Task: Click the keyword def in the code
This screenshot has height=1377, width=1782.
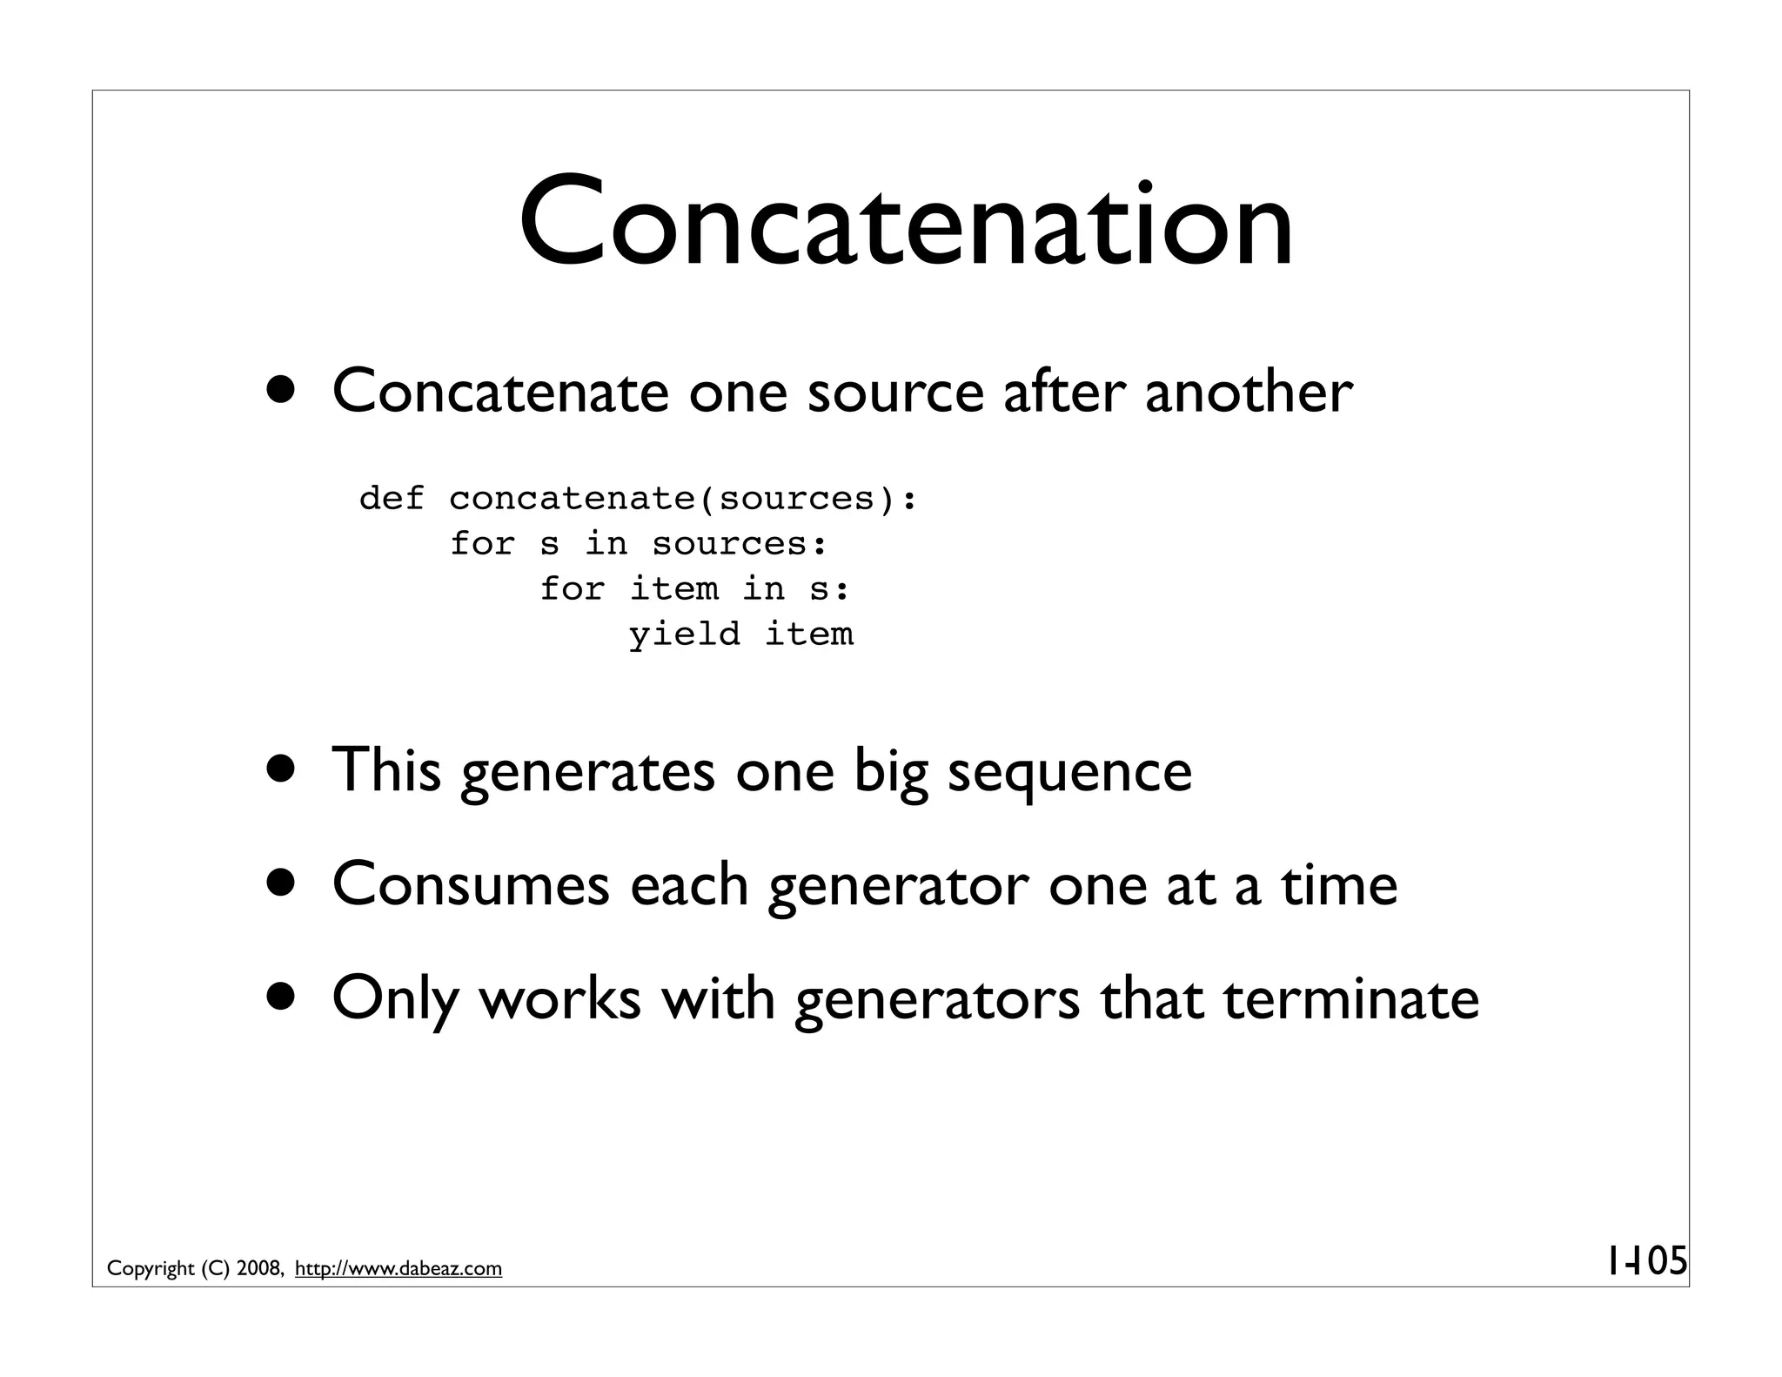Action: click(392, 499)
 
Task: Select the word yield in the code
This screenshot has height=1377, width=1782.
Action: click(685, 635)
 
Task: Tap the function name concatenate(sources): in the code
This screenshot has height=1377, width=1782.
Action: click(683, 499)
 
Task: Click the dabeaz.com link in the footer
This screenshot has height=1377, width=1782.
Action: click(399, 1269)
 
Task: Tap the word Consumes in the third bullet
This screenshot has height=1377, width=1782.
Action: click(471, 884)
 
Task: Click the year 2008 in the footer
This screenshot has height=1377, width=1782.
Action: click(258, 1269)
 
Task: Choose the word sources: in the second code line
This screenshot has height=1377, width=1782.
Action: click(740, 544)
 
